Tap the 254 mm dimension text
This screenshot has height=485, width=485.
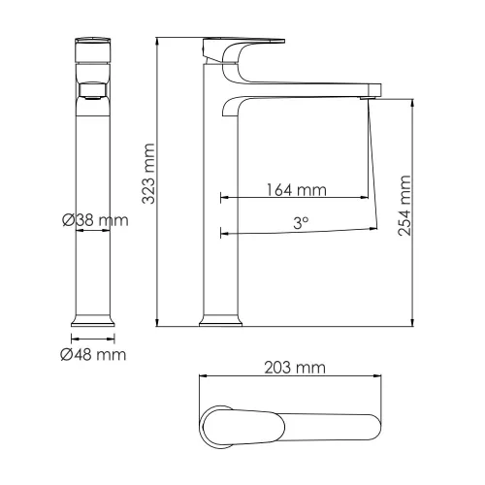point(405,206)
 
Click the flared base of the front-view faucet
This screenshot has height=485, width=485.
point(95,320)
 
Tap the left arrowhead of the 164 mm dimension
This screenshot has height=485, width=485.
point(225,197)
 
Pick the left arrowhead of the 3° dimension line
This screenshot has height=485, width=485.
point(225,233)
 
